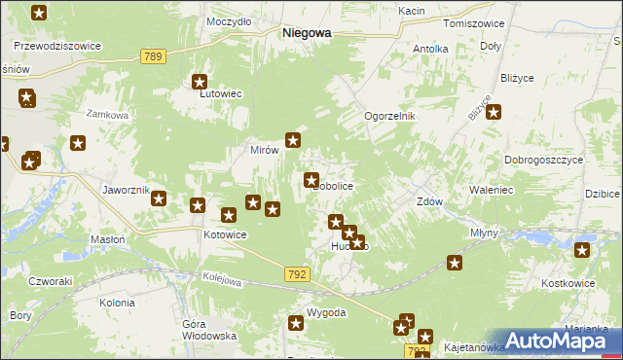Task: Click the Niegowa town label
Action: (x=306, y=32)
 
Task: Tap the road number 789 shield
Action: (x=152, y=57)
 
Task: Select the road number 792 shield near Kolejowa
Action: (x=298, y=275)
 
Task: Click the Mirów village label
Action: (x=265, y=151)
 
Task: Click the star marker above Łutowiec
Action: (x=201, y=84)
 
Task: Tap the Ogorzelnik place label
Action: (x=389, y=116)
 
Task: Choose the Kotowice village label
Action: (x=225, y=235)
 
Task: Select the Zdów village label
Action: (x=430, y=202)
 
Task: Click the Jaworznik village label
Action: (x=126, y=190)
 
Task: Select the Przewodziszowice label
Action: (x=57, y=45)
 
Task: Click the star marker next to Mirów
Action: (x=292, y=140)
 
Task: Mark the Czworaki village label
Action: (x=51, y=280)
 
